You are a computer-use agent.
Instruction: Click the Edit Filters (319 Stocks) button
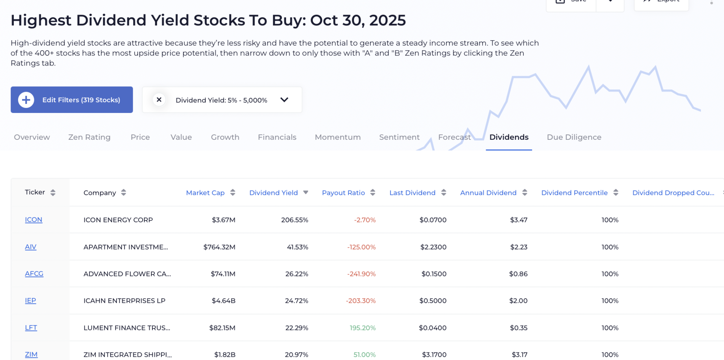click(x=72, y=100)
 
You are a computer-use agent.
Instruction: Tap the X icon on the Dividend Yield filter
click(x=159, y=100)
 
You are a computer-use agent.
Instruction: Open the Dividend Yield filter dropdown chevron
click(x=284, y=100)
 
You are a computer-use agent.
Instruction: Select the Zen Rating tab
click(x=89, y=137)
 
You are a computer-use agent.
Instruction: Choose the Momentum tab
click(x=337, y=137)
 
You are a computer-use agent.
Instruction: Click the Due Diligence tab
click(x=574, y=137)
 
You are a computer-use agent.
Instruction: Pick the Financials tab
click(x=277, y=137)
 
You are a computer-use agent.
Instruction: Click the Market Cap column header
click(x=205, y=193)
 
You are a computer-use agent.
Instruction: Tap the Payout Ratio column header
click(x=343, y=193)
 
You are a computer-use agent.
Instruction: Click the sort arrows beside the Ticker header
click(x=53, y=193)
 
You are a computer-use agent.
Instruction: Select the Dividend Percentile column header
click(x=574, y=193)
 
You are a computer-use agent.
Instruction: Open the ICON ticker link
click(x=34, y=220)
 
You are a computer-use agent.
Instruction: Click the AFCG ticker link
click(x=34, y=274)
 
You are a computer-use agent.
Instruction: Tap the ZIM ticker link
click(x=31, y=355)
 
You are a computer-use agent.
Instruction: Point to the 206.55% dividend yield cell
click(x=294, y=220)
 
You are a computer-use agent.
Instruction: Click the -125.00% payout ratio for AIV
click(x=361, y=247)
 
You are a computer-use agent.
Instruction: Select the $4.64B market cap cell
click(x=223, y=301)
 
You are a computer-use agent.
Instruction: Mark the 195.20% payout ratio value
click(x=362, y=328)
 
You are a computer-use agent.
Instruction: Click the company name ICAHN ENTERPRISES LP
click(x=124, y=301)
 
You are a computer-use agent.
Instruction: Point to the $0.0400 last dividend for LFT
click(x=432, y=328)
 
